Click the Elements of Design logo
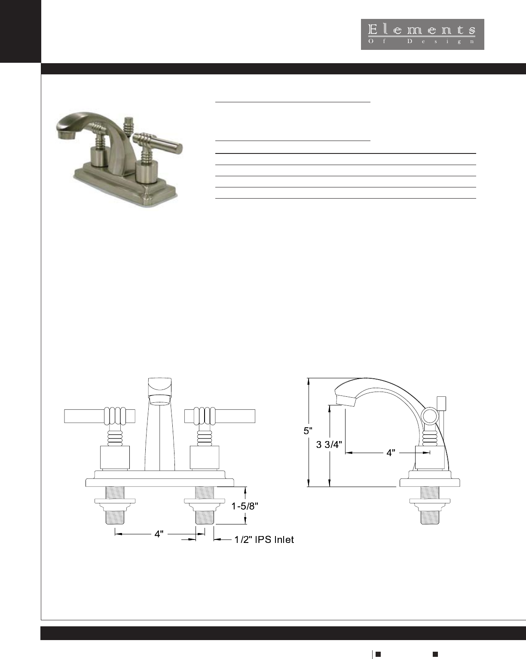point(422,34)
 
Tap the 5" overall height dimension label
point(308,431)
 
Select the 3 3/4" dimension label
point(329,444)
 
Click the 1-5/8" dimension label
point(245,506)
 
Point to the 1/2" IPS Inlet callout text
point(264,539)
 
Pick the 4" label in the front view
point(159,534)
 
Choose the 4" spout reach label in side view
point(391,453)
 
